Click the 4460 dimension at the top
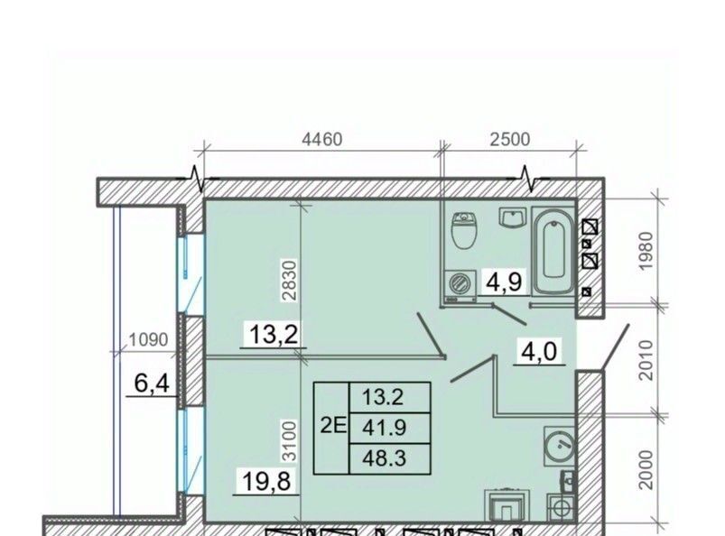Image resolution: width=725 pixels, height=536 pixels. pos(322,139)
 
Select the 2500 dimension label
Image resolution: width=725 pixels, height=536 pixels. pos(510,139)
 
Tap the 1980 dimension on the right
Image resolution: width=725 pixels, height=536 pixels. pos(646,251)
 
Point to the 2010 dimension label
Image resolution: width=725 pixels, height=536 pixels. pos(646,360)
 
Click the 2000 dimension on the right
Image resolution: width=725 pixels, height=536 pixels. pos(646,470)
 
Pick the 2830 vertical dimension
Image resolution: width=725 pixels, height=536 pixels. pos(290,281)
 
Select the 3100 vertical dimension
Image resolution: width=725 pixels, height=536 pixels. pos(290,441)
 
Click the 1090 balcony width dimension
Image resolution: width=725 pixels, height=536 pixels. pos(148,340)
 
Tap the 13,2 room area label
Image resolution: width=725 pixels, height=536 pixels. pos(274,334)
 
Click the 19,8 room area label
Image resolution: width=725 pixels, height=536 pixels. pos(266,481)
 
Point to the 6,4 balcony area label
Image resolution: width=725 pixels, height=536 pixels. pos(152,383)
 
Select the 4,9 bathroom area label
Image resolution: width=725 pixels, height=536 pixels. pos(504,282)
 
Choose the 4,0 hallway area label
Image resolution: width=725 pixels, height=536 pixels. pos(539,352)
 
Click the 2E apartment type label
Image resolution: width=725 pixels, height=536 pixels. pos(333,426)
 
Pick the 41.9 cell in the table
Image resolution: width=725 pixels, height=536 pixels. pos(385,428)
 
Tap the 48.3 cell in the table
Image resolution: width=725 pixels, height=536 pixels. pos(385,458)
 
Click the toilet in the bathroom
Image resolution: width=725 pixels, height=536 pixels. pos(464,230)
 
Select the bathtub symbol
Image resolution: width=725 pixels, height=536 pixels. pos(553,251)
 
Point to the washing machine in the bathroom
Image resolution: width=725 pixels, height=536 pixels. pos(460,285)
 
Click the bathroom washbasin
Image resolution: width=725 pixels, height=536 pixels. pos(513,217)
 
